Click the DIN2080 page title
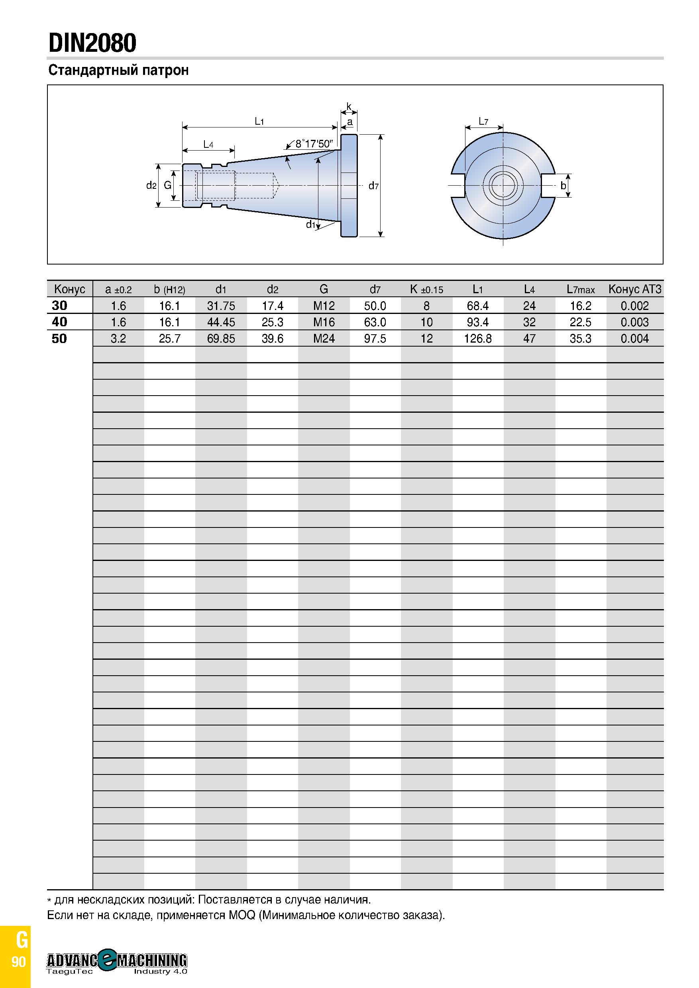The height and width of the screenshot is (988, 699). click(x=92, y=43)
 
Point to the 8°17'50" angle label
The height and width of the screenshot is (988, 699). click(x=314, y=143)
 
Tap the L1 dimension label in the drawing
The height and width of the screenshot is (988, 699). click(x=259, y=122)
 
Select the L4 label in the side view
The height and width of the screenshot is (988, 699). click(x=208, y=144)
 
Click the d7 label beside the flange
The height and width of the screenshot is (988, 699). click(x=373, y=186)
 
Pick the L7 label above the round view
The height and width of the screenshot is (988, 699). click(x=483, y=122)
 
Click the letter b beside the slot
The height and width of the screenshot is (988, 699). click(x=563, y=186)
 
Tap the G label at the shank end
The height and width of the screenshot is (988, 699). click(x=167, y=186)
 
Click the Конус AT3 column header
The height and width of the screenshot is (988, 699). click(x=635, y=289)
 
